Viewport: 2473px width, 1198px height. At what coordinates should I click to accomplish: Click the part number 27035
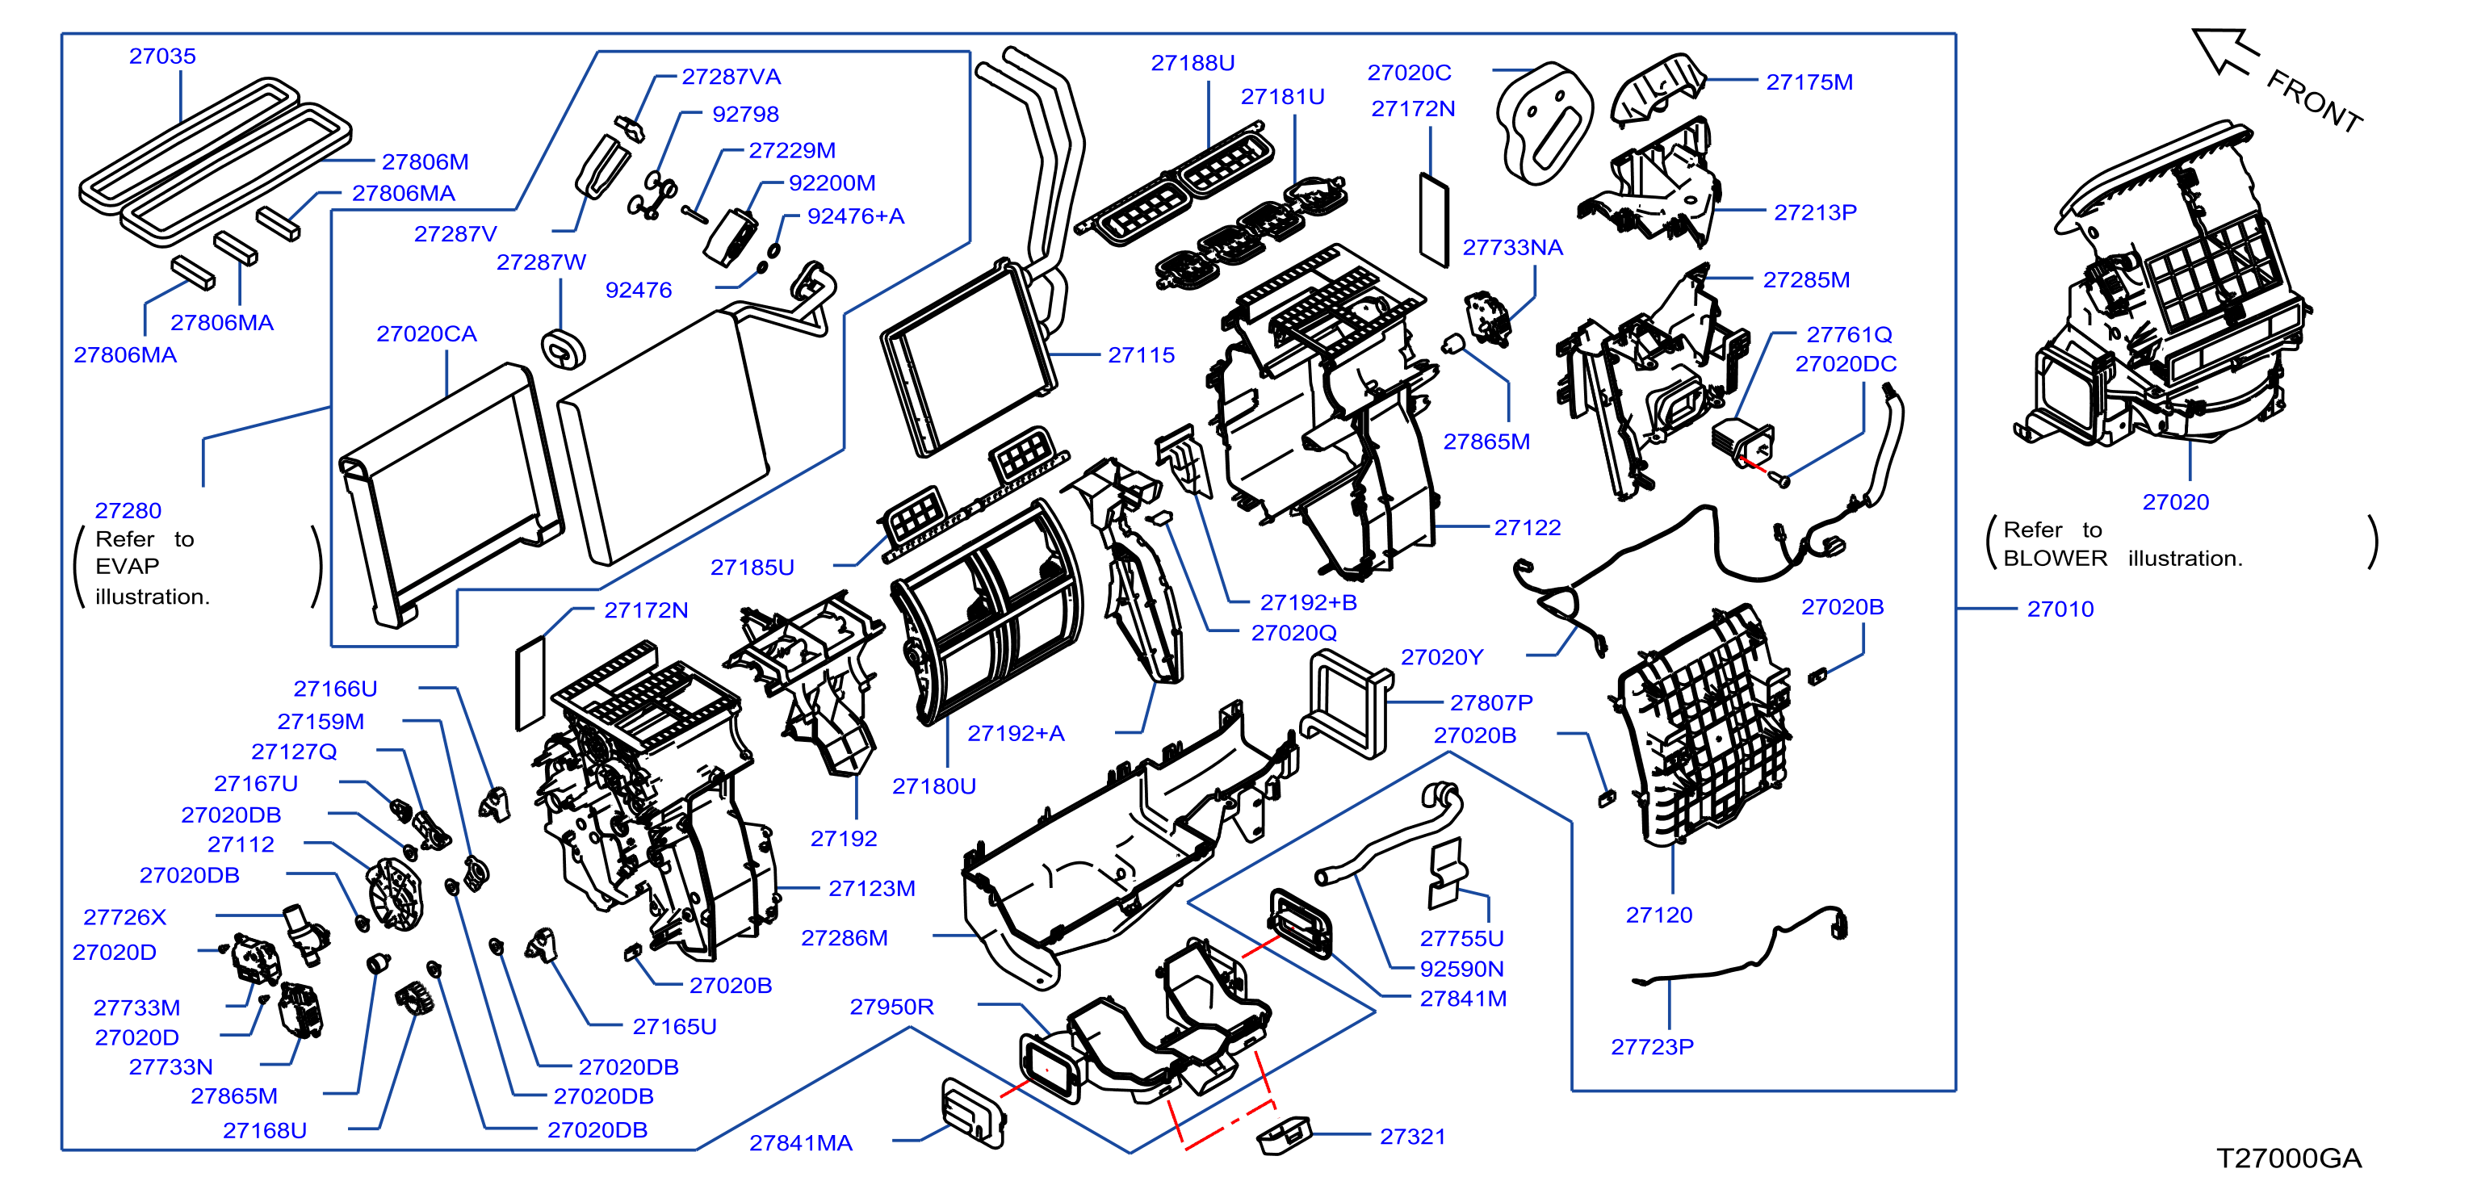(162, 56)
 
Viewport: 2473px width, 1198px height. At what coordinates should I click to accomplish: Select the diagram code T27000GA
(2289, 1158)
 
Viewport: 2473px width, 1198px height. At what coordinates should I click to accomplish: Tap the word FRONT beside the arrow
(2315, 102)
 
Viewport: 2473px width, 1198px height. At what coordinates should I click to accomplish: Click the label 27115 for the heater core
(1142, 355)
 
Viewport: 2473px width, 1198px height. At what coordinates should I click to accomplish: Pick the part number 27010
(2060, 609)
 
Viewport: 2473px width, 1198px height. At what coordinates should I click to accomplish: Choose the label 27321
(1413, 1137)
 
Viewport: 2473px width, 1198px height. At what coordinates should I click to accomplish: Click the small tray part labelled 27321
(1284, 1135)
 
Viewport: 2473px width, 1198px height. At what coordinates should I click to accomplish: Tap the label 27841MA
(801, 1142)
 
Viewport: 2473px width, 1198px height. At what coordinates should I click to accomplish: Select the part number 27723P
(1652, 1046)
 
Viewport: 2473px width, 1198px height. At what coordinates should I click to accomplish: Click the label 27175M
(1809, 82)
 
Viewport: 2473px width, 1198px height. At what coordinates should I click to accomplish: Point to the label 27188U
(1193, 62)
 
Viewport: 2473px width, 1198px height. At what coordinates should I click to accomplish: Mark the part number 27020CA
(426, 334)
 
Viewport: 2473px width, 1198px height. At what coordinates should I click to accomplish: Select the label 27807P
(1491, 702)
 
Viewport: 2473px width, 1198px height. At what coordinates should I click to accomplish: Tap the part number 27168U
(265, 1131)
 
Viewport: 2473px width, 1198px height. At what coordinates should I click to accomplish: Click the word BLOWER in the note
(2056, 559)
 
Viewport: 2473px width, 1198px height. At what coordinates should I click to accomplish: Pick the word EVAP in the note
(127, 567)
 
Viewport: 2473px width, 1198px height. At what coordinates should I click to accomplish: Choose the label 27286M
(845, 938)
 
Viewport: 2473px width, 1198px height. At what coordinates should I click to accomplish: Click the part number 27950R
(892, 1006)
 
